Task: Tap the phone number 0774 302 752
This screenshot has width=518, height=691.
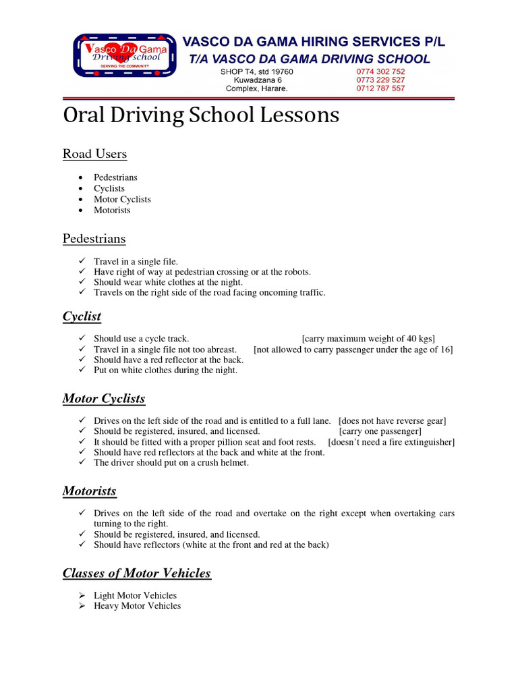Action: (x=380, y=72)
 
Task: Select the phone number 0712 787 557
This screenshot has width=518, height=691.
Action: (x=380, y=88)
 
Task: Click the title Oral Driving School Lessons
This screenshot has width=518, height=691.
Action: (x=200, y=116)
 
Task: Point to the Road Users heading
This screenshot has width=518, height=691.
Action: (x=94, y=154)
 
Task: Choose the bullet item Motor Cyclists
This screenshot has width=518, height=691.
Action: (x=122, y=199)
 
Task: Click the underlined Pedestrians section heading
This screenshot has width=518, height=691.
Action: (x=94, y=239)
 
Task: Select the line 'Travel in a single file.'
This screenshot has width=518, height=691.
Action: (x=136, y=261)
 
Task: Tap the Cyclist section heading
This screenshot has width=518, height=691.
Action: (x=82, y=316)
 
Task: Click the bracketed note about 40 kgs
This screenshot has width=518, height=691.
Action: (x=368, y=339)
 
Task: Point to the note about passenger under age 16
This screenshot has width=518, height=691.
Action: (x=353, y=350)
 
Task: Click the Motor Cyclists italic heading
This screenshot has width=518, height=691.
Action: (x=103, y=399)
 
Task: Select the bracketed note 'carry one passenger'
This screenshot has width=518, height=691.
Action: (x=380, y=431)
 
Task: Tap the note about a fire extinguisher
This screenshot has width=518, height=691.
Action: (x=391, y=442)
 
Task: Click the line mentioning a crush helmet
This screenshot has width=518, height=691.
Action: (x=171, y=463)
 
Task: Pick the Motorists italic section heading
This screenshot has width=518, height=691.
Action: (x=89, y=491)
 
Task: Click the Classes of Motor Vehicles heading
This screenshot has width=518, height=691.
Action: (x=136, y=574)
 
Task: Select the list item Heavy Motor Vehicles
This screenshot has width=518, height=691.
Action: (x=137, y=606)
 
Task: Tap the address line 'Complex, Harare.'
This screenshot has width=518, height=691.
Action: (x=256, y=88)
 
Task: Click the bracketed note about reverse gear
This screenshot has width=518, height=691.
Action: (x=392, y=421)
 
